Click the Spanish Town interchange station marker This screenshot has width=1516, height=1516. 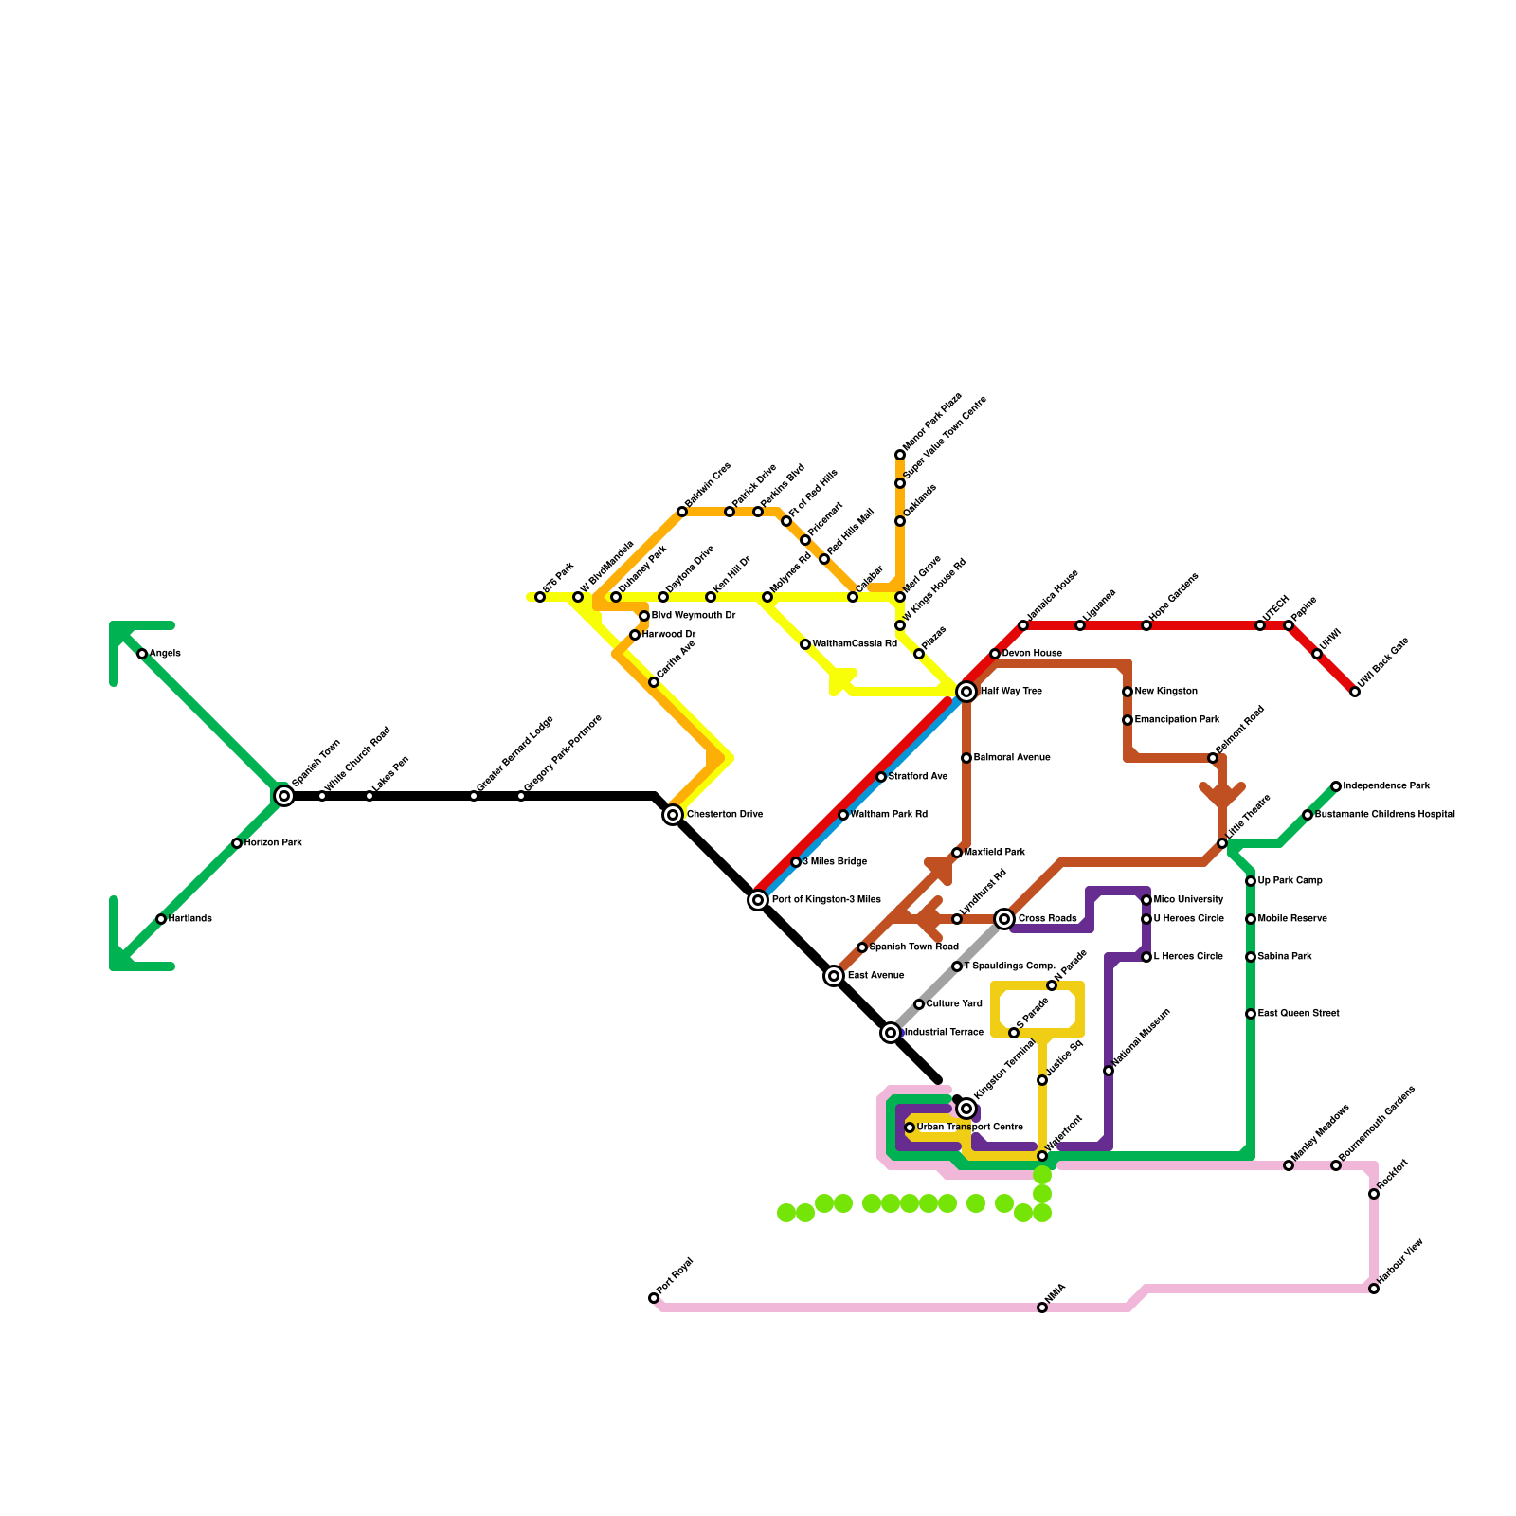pyautogui.click(x=284, y=796)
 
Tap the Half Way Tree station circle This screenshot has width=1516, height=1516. pyautogui.click(x=966, y=692)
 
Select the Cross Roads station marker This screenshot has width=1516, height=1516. pyautogui.click(x=1004, y=919)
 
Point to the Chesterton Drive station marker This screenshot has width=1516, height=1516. pyautogui.click(x=673, y=815)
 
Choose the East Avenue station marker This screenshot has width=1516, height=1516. pyautogui.click(x=834, y=976)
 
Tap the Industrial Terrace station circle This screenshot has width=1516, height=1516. pyautogui.click(x=891, y=1033)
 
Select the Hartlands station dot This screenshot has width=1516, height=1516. pyautogui.click(x=161, y=919)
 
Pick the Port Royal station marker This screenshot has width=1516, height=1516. pyautogui.click(x=654, y=1298)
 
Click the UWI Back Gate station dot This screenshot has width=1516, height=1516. pyautogui.click(x=1355, y=692)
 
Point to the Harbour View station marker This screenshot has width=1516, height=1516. pyautogui.click(x=1374, y=1289)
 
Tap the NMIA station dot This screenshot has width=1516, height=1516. pyautogui.click(x=1042, y=1308)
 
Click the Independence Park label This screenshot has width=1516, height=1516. pyautogui.click(x=1386, y=786)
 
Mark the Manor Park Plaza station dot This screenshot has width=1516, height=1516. pyautogui.click(x=900, y=455)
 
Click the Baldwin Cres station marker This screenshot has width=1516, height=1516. pyautogui.click(x=682, y=512)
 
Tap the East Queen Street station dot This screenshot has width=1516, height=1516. pyautogui.click(x=1251, y=1014)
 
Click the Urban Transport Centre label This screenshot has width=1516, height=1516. pyautogui.click(x=969, y=1128)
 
